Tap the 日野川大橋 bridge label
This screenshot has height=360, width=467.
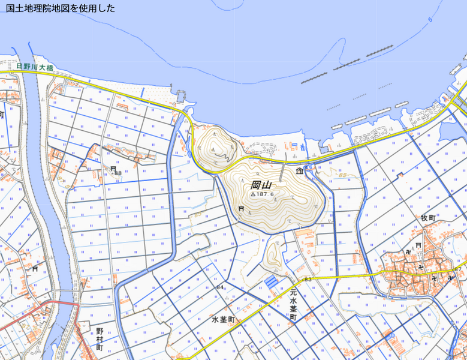(35, 67)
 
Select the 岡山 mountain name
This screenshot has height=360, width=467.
(261, 185)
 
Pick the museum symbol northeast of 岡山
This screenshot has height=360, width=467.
(299, 172)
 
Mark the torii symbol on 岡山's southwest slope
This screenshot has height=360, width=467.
(241, 209)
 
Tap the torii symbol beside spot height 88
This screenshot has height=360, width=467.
(113, 169)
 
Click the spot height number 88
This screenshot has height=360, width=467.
(118, 173)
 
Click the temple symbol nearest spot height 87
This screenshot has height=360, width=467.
(450, 278)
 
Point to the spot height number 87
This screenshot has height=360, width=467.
(457, 269)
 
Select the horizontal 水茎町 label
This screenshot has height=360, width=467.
(225, 320)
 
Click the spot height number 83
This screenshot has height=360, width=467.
(308, 280)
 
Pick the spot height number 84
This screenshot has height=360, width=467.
(220, 287)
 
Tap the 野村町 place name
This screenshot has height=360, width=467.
(100, 338)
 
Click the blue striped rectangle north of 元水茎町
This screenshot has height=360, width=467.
(272, 280)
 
